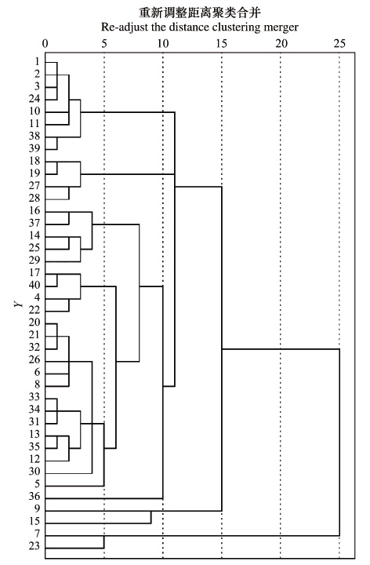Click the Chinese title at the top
click(200, 13)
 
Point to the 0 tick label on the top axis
click(45, 44)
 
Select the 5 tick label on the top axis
click(104, 44)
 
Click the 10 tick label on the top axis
click(163, 44)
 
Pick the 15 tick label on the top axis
click(222, 44)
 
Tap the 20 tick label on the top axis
click(281, 44)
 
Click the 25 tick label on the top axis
click(339, 44)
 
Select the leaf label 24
click(34, 99)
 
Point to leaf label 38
click(34, 136)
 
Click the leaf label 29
click(34, 261)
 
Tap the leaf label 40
click(34, 285)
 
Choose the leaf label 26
click(34, 359)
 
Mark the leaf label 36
click(34, 496)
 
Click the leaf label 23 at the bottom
click(34, 546)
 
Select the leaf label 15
click(34, 521)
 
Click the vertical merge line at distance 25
click(339, 443)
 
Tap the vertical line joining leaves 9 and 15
click(151, 517)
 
